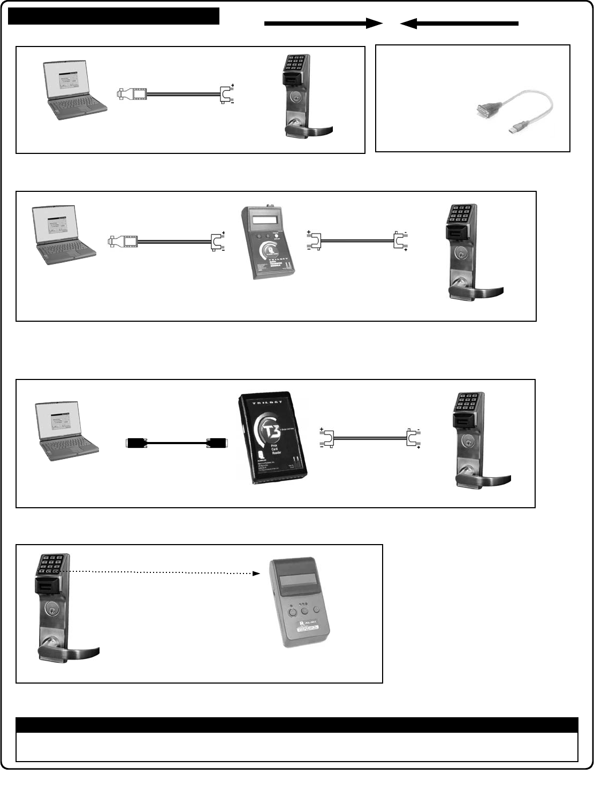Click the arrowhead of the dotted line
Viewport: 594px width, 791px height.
[x=256, y=573]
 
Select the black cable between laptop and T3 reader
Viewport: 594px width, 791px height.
[x=176, y=443]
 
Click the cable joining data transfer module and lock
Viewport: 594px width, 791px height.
[x=356, y=241]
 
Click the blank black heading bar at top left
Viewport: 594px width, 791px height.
[x=114, y=16]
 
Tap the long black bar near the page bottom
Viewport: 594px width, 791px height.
[x=297, y=725]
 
